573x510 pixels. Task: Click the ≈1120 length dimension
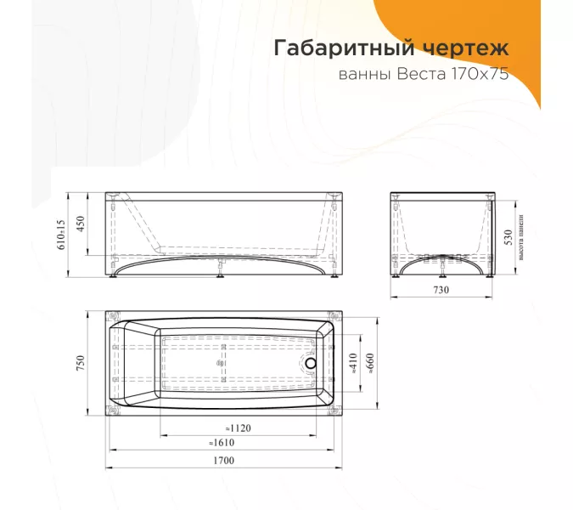(x=239, y=428)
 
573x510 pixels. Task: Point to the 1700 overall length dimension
(x=222, y=461)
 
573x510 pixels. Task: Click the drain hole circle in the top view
(x=310, y=364)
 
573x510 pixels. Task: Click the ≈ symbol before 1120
(x=227, y=428)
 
